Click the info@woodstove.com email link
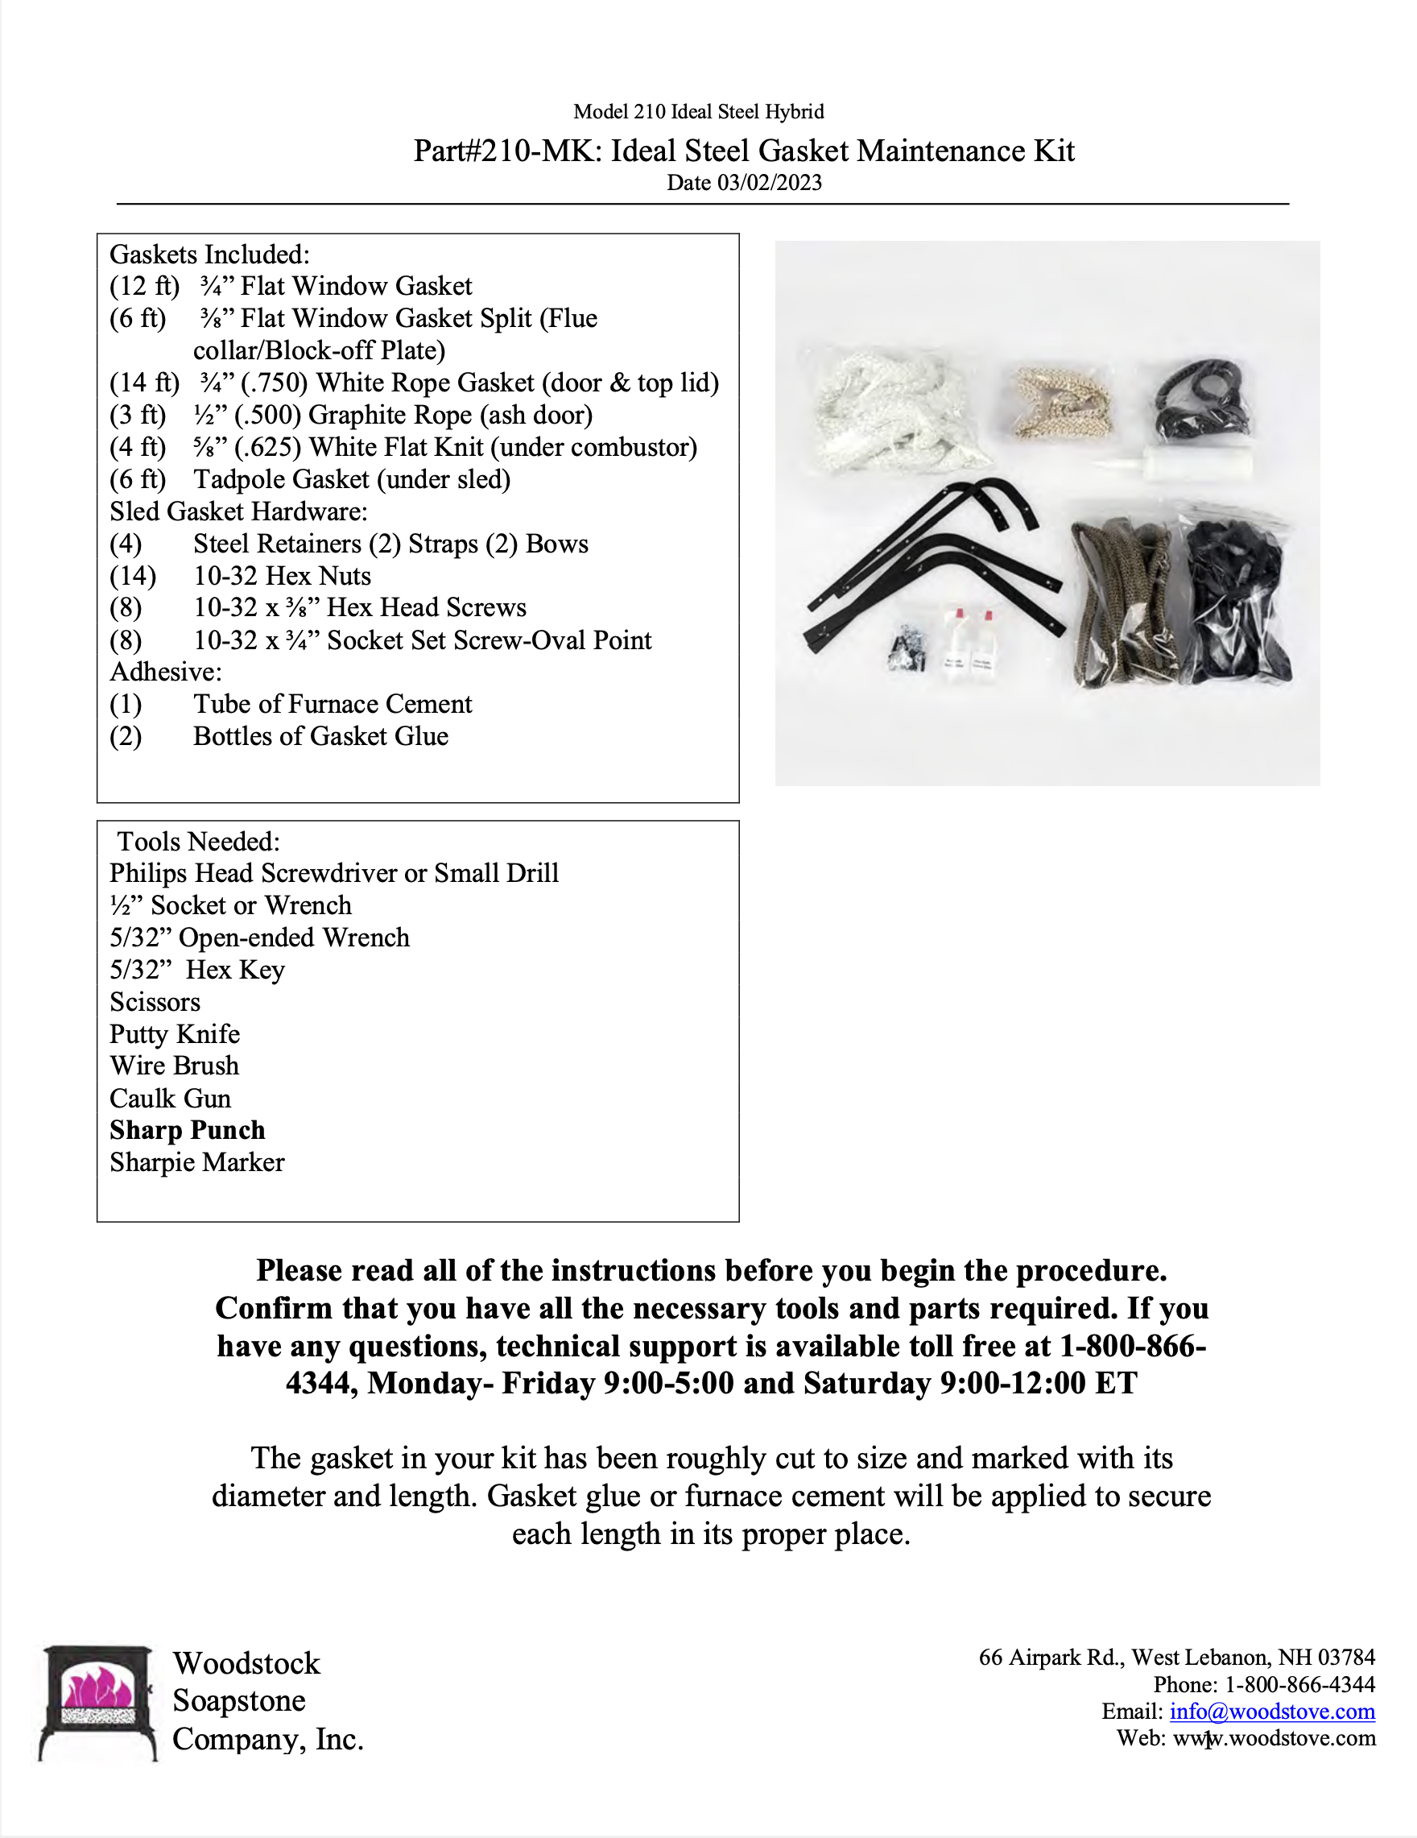(x=1271, y=1711)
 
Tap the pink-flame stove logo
(x=97, y=1702)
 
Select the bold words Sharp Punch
(x=187, y=1130)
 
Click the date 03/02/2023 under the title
(x=744, y=183)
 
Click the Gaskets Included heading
(x=209, y=255)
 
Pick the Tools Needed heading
(x=199, y=842)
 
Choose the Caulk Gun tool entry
(x=170, y=1099)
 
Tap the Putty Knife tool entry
(x=175, y=1034)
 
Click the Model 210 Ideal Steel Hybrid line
(x=698, y=112)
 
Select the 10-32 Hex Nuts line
(x=282, y=576)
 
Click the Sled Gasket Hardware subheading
(x=238, y=511)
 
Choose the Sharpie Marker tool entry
(x=197, y=1162)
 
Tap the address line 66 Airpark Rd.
(x=1176, y=1657)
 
